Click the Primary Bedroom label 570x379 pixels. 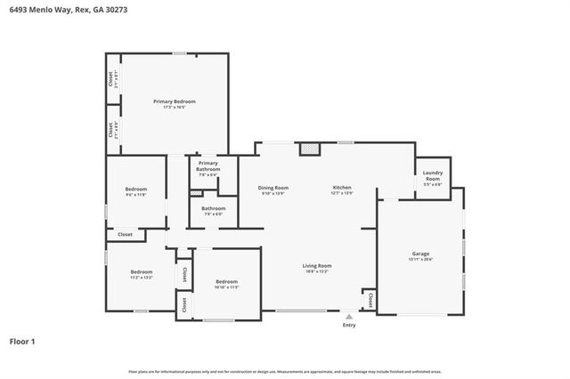click(174, 102)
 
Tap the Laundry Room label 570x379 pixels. click(433, 177)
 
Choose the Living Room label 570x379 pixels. click(317, 266)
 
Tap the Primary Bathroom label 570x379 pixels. click(208, 165)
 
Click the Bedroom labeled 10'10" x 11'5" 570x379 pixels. click(227, 284)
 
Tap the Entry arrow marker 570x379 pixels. click(349, 315)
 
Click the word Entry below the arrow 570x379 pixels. click(349, 325)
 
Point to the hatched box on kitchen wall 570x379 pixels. click(308, 150)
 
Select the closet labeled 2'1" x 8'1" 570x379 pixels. click(111, 80)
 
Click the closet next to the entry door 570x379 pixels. click(369, 302)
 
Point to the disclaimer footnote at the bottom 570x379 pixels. click(285, 370)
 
